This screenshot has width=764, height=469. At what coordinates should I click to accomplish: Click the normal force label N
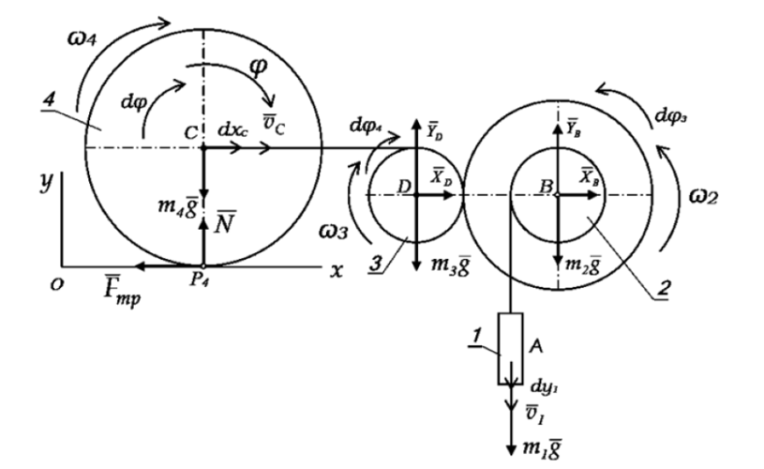(224, 223)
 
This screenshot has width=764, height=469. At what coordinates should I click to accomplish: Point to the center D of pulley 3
(414, 194)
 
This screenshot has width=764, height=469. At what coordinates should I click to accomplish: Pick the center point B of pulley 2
(557, 194)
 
